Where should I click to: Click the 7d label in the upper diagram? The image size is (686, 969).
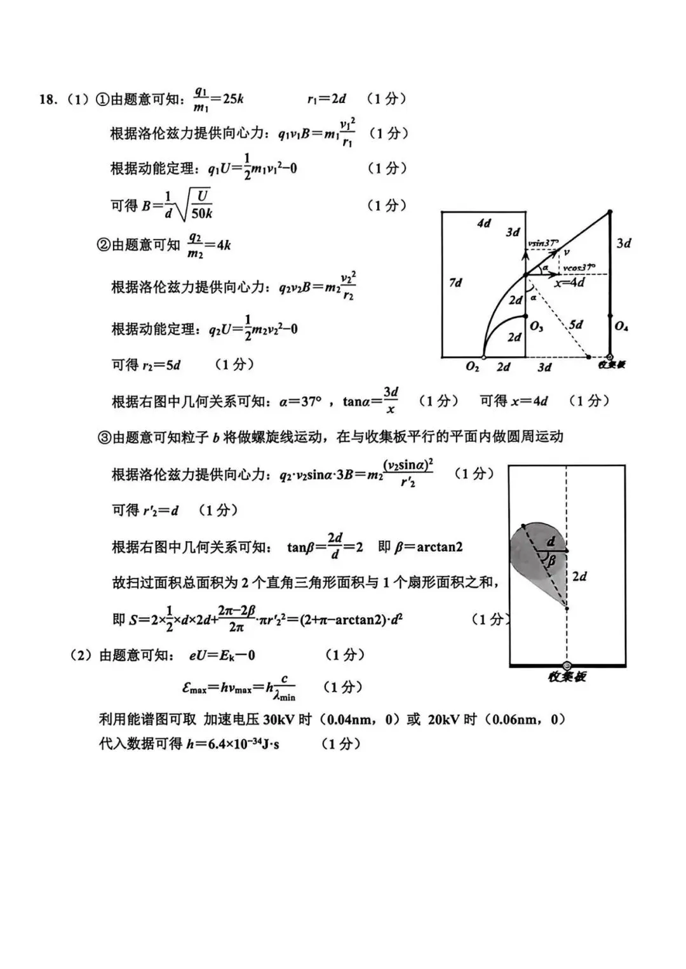click(x=455, y=283)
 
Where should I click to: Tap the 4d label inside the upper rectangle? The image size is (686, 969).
click(x=484, y=223)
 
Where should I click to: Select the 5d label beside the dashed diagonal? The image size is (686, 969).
click(x=575, y=324)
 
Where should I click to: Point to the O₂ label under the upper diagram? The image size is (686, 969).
click(x=472, y=367)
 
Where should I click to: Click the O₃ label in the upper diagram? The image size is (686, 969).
click(x=537, y=326)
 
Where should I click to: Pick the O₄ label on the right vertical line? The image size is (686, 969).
click(x=621, y=326)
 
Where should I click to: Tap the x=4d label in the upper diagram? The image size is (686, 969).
click(x=569, y=283)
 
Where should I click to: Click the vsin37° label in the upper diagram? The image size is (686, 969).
click(x=543, y=243)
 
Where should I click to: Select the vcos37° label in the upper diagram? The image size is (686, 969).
click(x=579, y=267)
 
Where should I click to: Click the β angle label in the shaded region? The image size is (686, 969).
click(x=551, y=561)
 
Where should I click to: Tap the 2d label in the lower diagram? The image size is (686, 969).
click(x=579, y=576)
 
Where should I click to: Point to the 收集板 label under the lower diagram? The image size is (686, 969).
click(x=567, y=677)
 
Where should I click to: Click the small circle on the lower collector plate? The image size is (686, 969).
click(x=567, y=665)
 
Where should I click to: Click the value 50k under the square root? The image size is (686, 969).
click(x=202, y=214)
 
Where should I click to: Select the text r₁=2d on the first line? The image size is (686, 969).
click(x=326, y=99)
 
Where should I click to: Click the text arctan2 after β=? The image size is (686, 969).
click(x=440, y=547)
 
